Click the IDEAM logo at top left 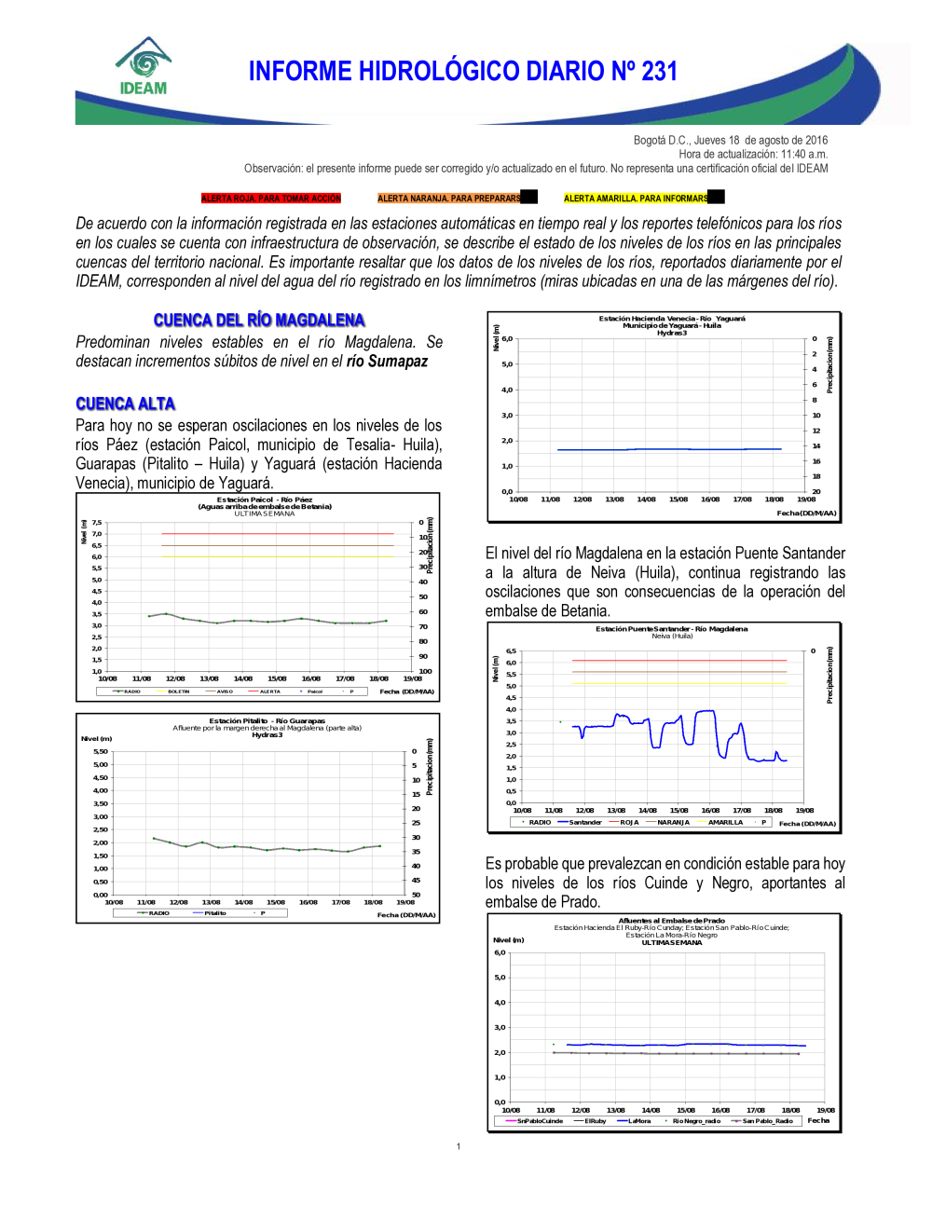tap(144, 67)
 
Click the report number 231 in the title tap(658, 72)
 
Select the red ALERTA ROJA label tap(271, 199)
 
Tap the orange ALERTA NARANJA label tap(449, 199)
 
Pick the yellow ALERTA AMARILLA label tap(636, 199)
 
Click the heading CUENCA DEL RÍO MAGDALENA tap(259, 321)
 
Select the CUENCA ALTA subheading tap(126, 404)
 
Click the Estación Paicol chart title tap(265, 500)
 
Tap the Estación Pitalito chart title tap(267, 720)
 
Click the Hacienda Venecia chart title tap(672, 319)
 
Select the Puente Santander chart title tap(671, 629)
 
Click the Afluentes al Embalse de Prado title tap(671, 921)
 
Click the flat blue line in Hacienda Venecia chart tap(669, 449)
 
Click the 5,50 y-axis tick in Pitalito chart tap(100, 751)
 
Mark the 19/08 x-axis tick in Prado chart tap(825, 1110)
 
